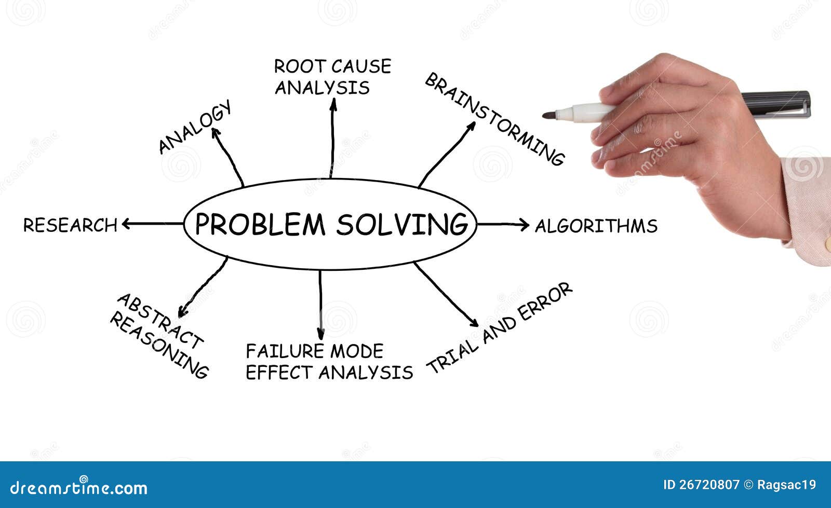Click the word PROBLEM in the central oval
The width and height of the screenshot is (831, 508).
tap(260, 224)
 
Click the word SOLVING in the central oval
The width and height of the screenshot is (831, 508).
tap(402, 224)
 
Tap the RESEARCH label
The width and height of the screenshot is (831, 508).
tap(70, 225)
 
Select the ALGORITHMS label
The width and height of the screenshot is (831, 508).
tap(596, 226)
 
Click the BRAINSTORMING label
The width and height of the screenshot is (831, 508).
tap(495, 119)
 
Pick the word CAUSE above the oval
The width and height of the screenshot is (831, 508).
tap(361, 66)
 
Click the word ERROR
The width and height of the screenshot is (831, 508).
tap(545, 301)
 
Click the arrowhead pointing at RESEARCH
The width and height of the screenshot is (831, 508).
tap(126, 224)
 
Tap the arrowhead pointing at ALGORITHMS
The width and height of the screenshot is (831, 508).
tap(525, 225)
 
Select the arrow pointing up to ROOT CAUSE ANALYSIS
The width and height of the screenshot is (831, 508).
tap(332, 138)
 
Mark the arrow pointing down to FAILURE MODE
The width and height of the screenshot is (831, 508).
tap(320, 305)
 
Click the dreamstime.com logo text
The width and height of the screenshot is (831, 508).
tap(78, 487)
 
